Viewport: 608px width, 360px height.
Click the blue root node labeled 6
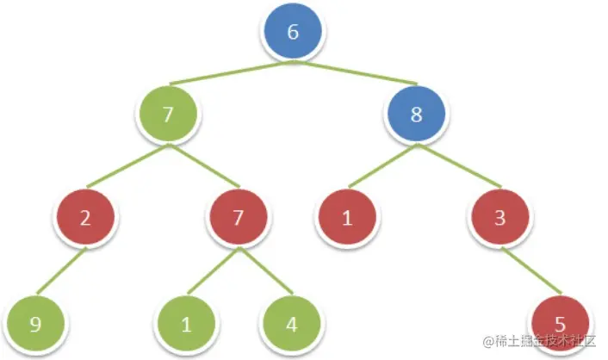click(x=293, y=33)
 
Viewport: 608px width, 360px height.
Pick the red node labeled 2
click(x=85, y=217)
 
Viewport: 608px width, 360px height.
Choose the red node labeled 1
click(x=347, y=217)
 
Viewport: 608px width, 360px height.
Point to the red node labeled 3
click(x=500, y=217)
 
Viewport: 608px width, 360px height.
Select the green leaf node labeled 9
click(x=34, y=324)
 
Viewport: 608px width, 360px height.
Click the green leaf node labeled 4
click(x=291, y=324)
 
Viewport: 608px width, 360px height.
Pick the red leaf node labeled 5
click(x=560, y=324)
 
